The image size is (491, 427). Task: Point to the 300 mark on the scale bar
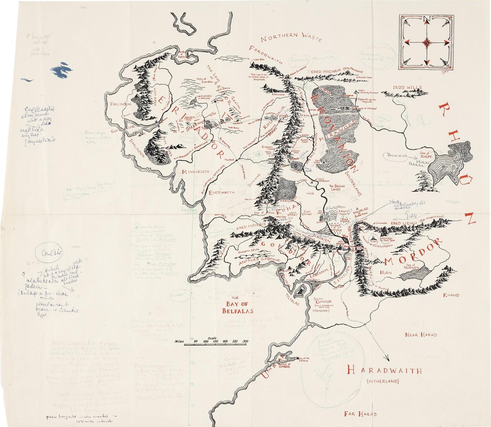point(245,341)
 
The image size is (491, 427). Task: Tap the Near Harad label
point(421,334)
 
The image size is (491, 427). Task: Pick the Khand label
point(451,295)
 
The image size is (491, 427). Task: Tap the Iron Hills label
point(407,88)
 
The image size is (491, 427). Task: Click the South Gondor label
point(323,300)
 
